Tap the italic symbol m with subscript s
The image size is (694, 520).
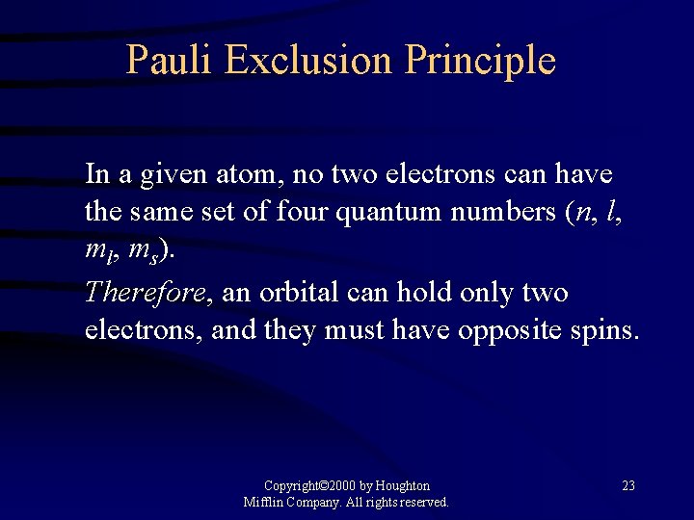tap(145, 250)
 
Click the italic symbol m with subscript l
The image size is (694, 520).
tap(100, 250)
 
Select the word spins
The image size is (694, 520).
tap(605, 330)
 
